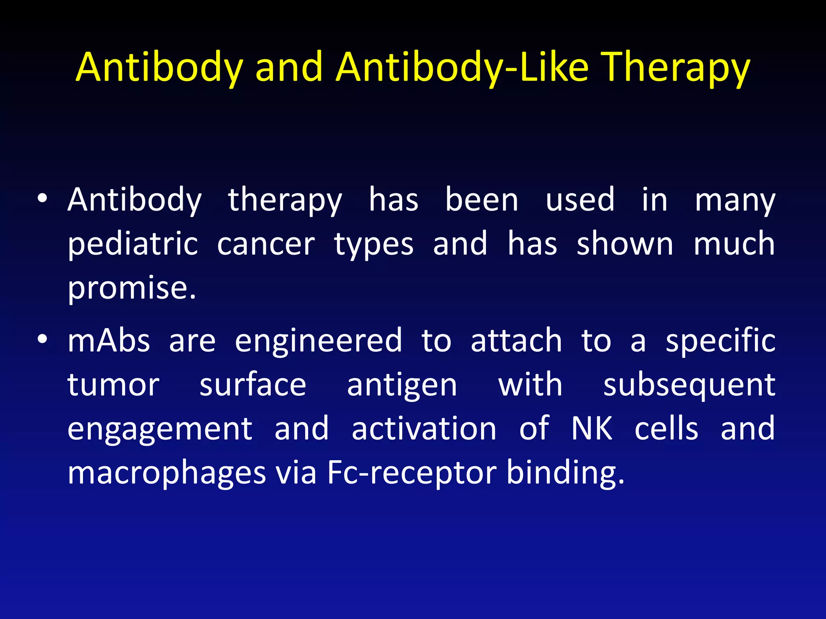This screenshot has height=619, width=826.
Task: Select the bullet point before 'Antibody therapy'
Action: point(42,198)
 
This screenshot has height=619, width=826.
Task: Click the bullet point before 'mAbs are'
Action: point(42,339)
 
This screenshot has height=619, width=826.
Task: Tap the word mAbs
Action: point(109,341)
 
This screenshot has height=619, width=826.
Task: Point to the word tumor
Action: point(113,385)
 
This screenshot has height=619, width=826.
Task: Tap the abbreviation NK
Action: point(592,429)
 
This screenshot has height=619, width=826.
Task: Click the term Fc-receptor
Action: point(411,473)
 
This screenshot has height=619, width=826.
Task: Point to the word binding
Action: point(565,473)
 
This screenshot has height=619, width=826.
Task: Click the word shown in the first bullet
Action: point(625,244)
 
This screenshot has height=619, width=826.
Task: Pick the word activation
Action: point(424,429)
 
